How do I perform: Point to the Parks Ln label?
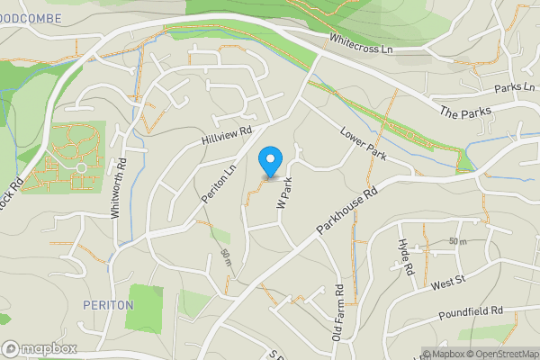click(515, 88)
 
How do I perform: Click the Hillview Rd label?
click(225, 138)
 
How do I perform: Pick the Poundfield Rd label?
click(469, 314)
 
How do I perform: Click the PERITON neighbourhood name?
click(108, 305)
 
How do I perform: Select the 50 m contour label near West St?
click(459, 242)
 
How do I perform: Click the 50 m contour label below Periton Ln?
click(226, 259)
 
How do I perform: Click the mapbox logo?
click(40, 348)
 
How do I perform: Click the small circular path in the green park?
click(81, 167)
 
